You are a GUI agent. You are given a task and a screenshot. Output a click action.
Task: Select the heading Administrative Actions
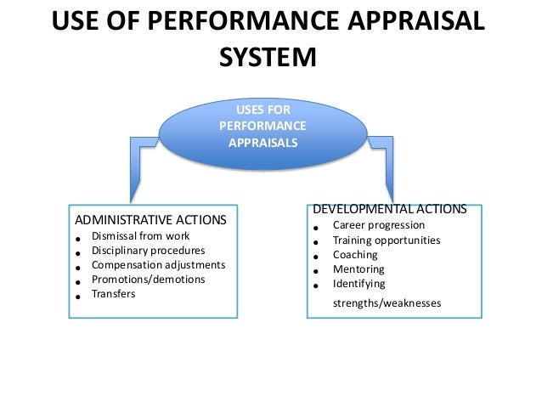coord(151,219)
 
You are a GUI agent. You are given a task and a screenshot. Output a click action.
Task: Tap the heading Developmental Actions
coord(390,208)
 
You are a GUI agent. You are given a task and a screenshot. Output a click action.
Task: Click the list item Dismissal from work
coord(141,235)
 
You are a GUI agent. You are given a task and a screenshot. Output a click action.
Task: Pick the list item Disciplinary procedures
coord(149,250)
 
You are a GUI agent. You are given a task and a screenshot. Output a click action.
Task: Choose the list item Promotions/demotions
coord(149,279)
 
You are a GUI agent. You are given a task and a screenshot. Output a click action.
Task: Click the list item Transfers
coord(114,293)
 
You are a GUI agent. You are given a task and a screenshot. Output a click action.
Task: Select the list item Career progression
coord(379,225)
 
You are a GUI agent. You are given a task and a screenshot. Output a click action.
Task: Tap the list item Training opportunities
coord(387,240)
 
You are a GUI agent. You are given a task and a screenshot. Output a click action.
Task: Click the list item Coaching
coord(355,254)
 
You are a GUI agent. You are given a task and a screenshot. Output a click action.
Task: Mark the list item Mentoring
coord(359,269)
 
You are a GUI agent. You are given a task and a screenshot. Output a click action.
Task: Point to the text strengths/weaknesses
coord(387,302)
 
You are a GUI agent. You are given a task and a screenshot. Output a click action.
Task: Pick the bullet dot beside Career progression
coord(315,229)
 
